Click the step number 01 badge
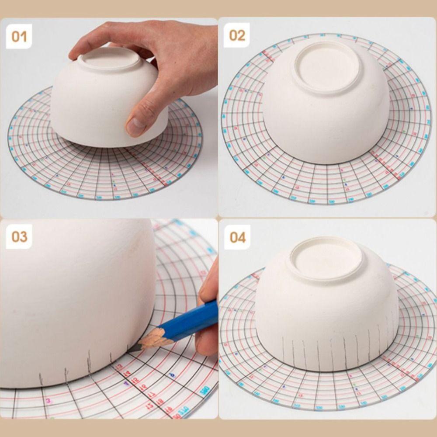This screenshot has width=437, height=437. [x=19, y=36]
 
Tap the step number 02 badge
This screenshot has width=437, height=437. [x=237, y=35]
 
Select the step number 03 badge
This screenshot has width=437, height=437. [x=19, y=237]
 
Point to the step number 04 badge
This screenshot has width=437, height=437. [x=237, y=238]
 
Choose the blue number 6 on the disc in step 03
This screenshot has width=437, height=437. [x=172, y=375]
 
